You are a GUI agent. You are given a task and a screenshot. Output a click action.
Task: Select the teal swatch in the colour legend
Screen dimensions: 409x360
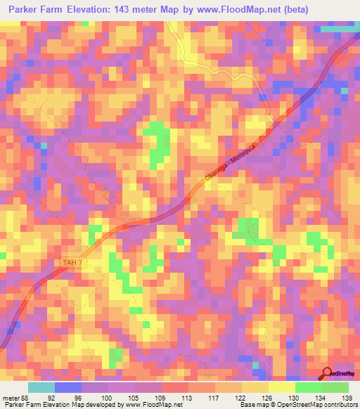[41, 387]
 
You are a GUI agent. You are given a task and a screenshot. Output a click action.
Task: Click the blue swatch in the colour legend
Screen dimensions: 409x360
[68, 387]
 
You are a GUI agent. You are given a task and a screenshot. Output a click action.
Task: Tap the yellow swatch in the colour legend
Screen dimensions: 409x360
[281, 387]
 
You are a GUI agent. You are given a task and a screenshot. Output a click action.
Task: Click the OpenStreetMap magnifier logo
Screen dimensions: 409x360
[328, 374]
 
